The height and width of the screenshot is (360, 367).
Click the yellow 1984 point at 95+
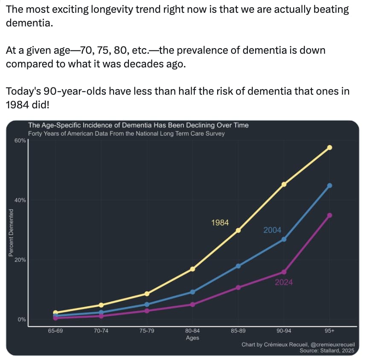pos(329,147)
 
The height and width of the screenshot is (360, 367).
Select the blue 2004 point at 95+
pos(329,186)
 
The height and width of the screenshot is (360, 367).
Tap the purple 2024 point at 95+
pos(329,215)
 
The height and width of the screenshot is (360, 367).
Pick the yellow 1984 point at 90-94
pos(284,184)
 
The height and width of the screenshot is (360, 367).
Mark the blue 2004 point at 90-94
pos(284,239)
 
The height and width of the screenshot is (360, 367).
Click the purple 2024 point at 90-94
pos(284,272)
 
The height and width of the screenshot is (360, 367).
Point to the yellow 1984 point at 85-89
pos(238,230)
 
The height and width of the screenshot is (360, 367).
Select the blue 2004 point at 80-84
pos(192,292)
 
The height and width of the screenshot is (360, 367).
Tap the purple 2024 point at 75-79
pos(147,311)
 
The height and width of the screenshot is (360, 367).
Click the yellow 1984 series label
pos(220,223)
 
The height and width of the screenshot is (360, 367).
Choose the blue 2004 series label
pos(272,230)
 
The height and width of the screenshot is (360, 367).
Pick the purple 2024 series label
pos(284,282)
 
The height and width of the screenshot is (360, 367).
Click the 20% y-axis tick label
pos(20,260)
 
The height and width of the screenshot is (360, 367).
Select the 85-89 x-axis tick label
pos(238,331)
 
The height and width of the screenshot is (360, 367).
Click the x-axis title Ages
pos(192,338)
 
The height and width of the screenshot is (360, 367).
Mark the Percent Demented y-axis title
pos(11,233)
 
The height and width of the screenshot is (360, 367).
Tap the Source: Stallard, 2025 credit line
pos(327,351)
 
